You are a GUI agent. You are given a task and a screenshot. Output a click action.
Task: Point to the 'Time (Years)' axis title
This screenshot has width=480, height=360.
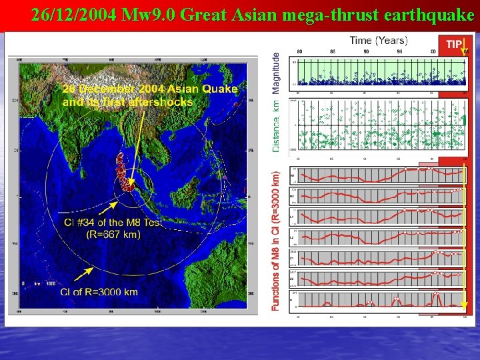379,41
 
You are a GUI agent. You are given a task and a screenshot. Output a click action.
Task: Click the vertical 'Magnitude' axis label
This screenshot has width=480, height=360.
277,67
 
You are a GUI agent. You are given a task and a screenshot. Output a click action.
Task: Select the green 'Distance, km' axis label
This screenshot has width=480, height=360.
277,127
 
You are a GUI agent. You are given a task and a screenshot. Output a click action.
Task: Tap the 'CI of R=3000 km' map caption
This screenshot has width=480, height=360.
99,291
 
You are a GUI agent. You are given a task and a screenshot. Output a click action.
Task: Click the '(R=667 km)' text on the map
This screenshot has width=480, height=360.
113,234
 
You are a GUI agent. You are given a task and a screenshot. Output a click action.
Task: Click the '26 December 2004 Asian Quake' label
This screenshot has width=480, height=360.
150,89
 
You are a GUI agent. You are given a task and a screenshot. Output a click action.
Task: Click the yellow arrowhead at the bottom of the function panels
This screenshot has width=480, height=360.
465,307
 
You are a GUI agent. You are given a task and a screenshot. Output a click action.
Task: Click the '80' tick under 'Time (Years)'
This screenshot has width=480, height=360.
299,51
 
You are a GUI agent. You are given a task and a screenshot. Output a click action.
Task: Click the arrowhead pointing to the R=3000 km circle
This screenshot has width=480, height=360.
75,275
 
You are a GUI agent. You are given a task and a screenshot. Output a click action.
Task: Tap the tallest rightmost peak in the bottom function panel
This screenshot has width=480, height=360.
437,294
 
